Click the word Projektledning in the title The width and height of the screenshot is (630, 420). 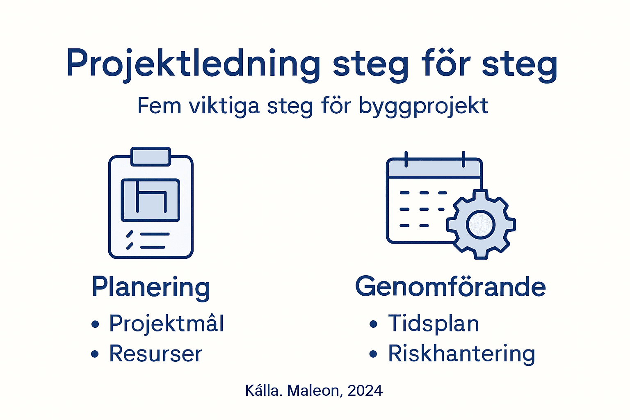pos(193,64)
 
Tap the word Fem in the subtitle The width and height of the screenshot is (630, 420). pos(159,106)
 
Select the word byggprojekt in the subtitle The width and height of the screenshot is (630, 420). pos(423,107)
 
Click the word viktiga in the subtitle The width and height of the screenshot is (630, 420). pos(224,106)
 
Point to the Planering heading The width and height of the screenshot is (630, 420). pos(151,287)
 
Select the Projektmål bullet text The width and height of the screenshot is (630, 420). pos(167,323)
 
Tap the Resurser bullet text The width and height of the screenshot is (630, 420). pos(155,354)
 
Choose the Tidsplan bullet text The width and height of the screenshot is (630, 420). pos(434,323)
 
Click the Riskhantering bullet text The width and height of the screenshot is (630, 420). pos(461,354)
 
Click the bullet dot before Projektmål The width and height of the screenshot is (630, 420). pos(95,324)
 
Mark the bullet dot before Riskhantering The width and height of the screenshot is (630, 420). pos(373,354)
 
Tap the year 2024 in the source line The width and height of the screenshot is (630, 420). pos(365,390)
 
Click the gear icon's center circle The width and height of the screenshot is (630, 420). pos(481,224)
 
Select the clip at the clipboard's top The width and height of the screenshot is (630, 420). pos(151,157)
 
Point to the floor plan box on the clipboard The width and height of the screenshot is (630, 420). pos(151,200)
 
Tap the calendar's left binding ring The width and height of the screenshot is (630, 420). pos(406,159)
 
